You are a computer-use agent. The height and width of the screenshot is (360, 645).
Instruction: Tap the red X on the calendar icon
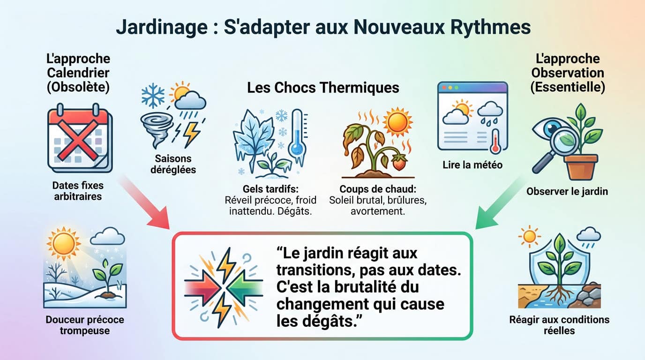78,137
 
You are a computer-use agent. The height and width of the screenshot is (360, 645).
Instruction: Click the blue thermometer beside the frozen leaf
296,136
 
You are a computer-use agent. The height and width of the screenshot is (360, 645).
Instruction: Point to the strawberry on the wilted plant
399,164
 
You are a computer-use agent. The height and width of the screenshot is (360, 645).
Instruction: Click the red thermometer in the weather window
495,142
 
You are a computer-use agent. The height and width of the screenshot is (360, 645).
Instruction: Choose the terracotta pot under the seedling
581,167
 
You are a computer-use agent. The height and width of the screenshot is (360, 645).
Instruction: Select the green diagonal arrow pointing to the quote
499,202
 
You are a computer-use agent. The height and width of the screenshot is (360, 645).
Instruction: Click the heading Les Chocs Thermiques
323,88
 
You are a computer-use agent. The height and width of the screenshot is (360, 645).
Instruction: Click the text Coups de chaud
379,188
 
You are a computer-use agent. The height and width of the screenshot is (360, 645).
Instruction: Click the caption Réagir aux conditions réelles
559,325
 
